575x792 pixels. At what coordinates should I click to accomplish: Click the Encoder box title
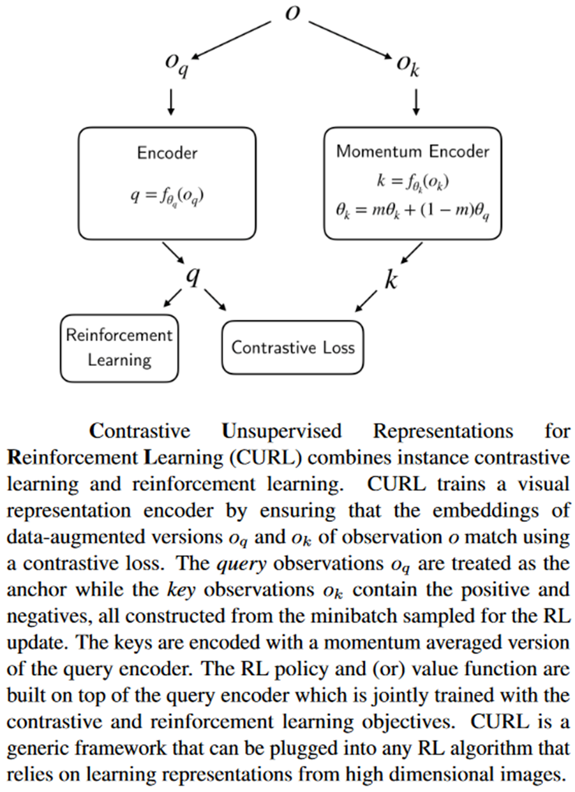(x=167, y=153)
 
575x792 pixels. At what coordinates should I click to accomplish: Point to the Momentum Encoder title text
(x=412, y=151)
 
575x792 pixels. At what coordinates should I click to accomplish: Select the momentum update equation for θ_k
(x=412, y=211)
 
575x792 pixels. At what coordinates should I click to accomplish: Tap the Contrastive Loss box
(x=292, y=347)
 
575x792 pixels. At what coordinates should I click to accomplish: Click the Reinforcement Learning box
(x=119, y=348)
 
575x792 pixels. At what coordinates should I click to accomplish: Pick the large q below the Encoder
(x=192, y=275)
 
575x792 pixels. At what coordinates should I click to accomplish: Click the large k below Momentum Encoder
(x=390, y=280)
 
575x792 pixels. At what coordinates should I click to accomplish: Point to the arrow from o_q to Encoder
(x=171, y=102)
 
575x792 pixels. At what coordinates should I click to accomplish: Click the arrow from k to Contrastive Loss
(x=366, y=301)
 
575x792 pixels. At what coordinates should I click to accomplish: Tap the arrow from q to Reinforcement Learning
(x=173, y=297)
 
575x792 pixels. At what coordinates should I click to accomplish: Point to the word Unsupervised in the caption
(x=281, y=431)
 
